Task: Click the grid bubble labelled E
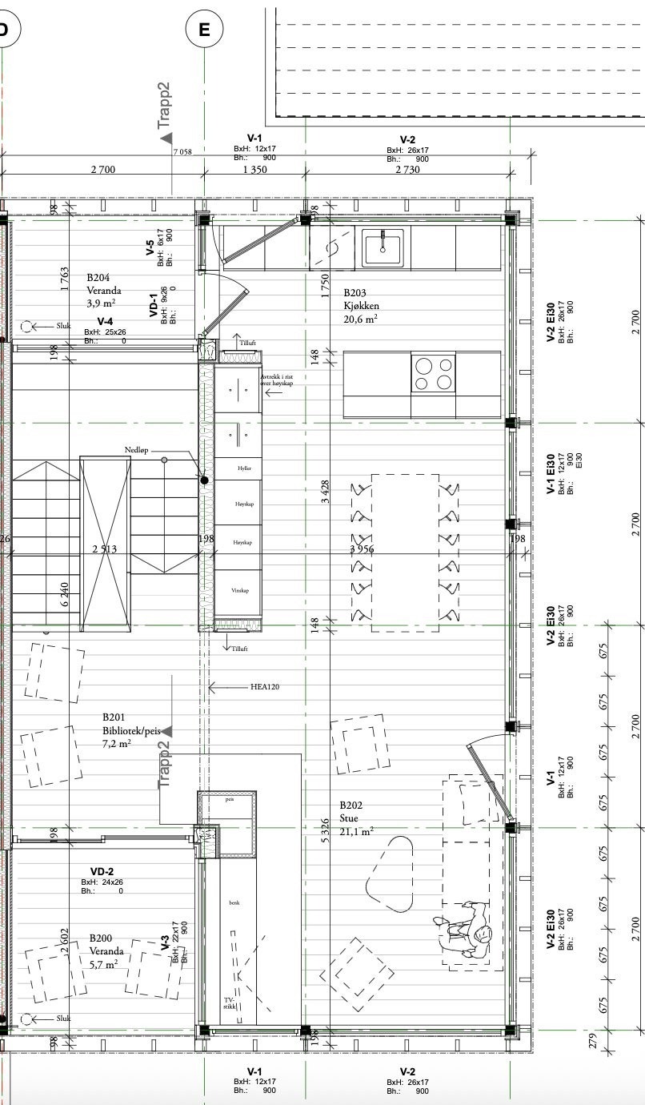(204, 30)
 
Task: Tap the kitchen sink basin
(383, 247)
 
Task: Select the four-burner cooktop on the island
(433, 373)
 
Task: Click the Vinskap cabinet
(240, 590)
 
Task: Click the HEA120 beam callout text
(264, 687)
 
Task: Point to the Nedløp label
(137, 451)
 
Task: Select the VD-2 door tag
(102, 871)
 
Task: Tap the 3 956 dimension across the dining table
(363, 548)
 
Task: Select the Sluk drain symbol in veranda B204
(27, 326)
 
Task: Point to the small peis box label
(230, 799)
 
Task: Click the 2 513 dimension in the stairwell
(105, 549)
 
